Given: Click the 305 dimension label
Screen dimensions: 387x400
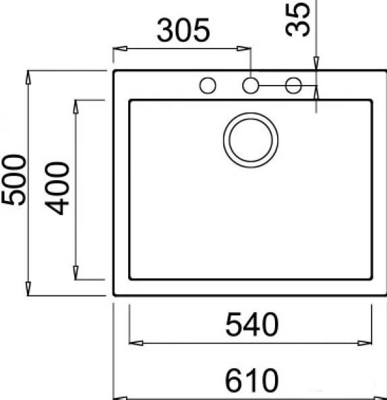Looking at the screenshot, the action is (x=183, y=30).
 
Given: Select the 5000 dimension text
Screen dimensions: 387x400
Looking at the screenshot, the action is (x=13, y=179).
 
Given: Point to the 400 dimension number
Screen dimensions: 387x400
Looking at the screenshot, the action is (x=57, y=188).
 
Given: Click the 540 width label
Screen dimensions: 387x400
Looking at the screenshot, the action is (x=252, y=324).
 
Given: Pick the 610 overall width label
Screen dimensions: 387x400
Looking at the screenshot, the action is (x=251, y=380).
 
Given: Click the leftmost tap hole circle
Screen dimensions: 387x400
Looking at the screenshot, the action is (x=208, y=86).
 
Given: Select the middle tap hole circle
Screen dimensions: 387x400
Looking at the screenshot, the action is (x=251, y=86).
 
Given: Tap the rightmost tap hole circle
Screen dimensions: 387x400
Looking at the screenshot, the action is (x=293, y=86).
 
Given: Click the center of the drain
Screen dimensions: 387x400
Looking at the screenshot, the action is (x=251, y=140).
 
